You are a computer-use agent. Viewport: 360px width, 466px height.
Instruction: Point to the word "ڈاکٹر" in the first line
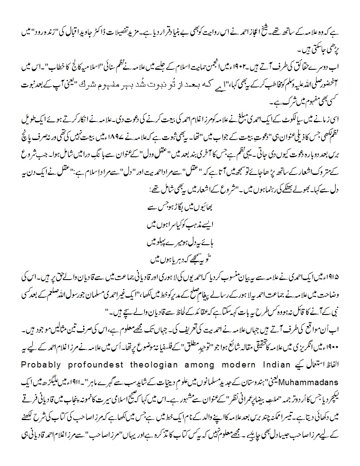tap(116, 32)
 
